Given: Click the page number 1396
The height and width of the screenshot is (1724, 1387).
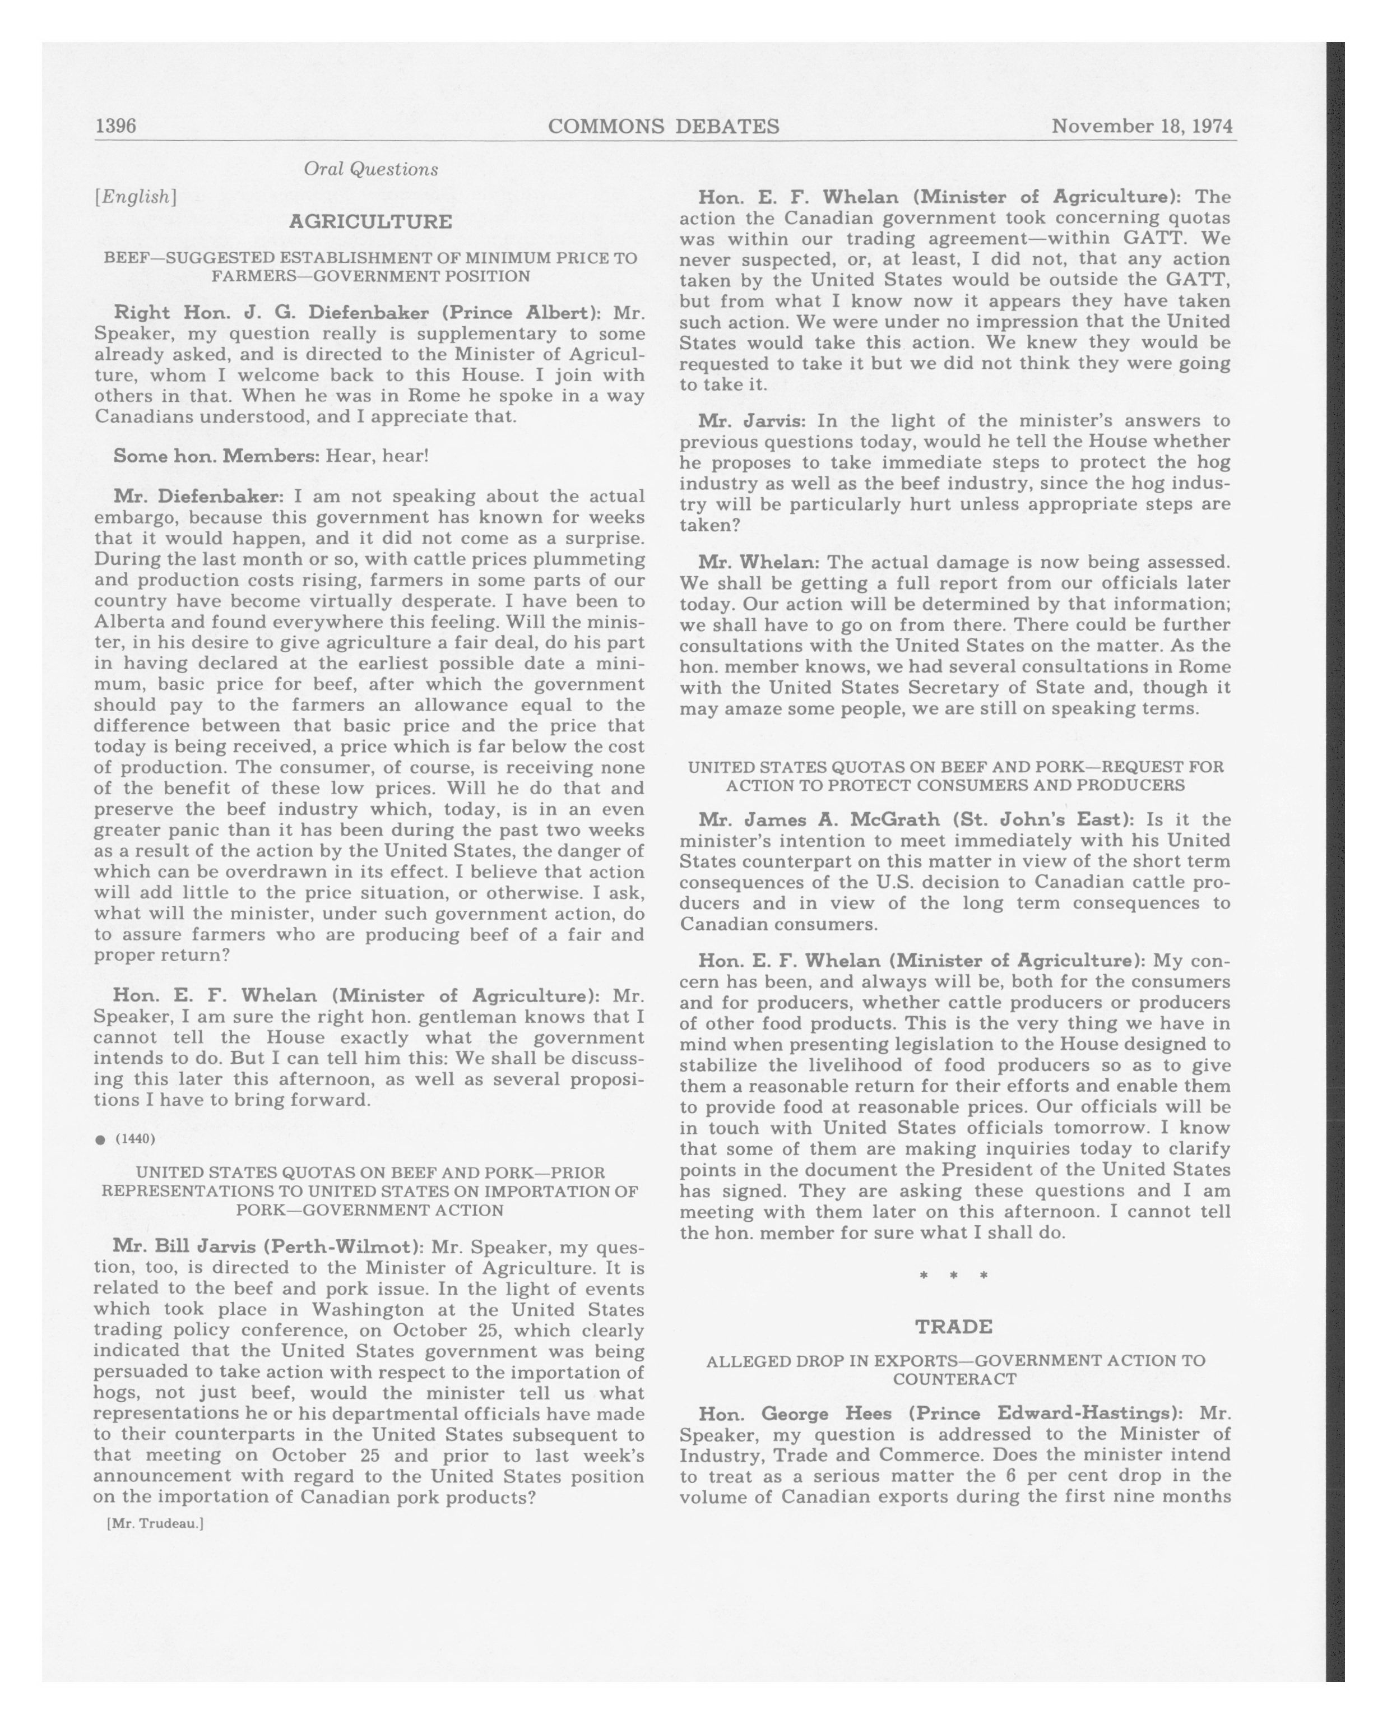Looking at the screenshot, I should (116, 126).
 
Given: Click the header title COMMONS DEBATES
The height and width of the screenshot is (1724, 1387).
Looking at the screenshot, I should (663, 126).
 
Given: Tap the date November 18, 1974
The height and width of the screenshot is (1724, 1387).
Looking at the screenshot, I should (1142, 126).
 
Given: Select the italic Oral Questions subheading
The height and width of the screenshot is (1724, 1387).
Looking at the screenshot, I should (370, 169).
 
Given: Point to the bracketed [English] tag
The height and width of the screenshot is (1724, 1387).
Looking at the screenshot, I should (135, 197).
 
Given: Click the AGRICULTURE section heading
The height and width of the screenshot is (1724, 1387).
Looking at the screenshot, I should (370, 221).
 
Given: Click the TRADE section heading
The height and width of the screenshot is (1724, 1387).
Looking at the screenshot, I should (954, 1327).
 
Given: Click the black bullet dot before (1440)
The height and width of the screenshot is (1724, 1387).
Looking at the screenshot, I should (100, 1139).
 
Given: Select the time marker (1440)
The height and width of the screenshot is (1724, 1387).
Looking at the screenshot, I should (135, 1139).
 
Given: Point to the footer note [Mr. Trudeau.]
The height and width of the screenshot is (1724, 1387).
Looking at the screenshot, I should (155, 1523).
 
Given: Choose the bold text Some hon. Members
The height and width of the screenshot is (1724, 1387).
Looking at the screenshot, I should (216, 456).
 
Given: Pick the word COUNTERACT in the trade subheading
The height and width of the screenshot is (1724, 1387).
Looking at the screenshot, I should (954, 1379).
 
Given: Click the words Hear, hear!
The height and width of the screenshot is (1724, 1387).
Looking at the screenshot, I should (377, 456).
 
